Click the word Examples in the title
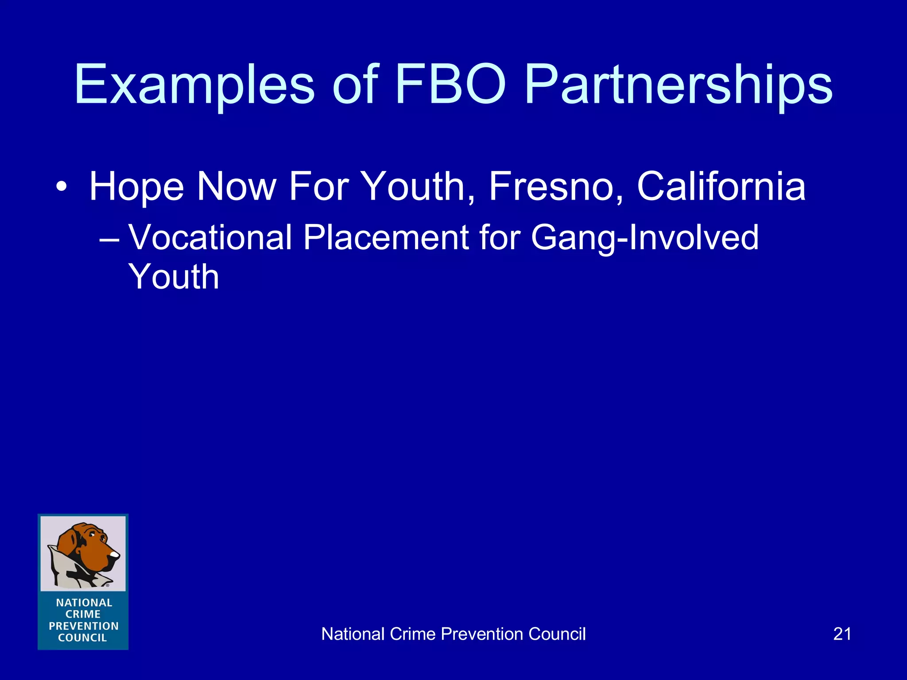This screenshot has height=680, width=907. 194,85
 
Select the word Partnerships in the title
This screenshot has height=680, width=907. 678,85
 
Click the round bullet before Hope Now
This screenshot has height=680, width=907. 62,186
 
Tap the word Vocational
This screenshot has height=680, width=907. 210,237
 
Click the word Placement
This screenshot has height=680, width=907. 386,237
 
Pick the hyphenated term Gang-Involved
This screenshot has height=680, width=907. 644,238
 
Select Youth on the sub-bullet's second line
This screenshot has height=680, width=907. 174,277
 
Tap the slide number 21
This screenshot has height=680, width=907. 842,634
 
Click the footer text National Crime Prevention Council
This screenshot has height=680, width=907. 453,634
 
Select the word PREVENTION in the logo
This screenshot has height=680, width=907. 83,626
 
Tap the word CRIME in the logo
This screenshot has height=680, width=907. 83,614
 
